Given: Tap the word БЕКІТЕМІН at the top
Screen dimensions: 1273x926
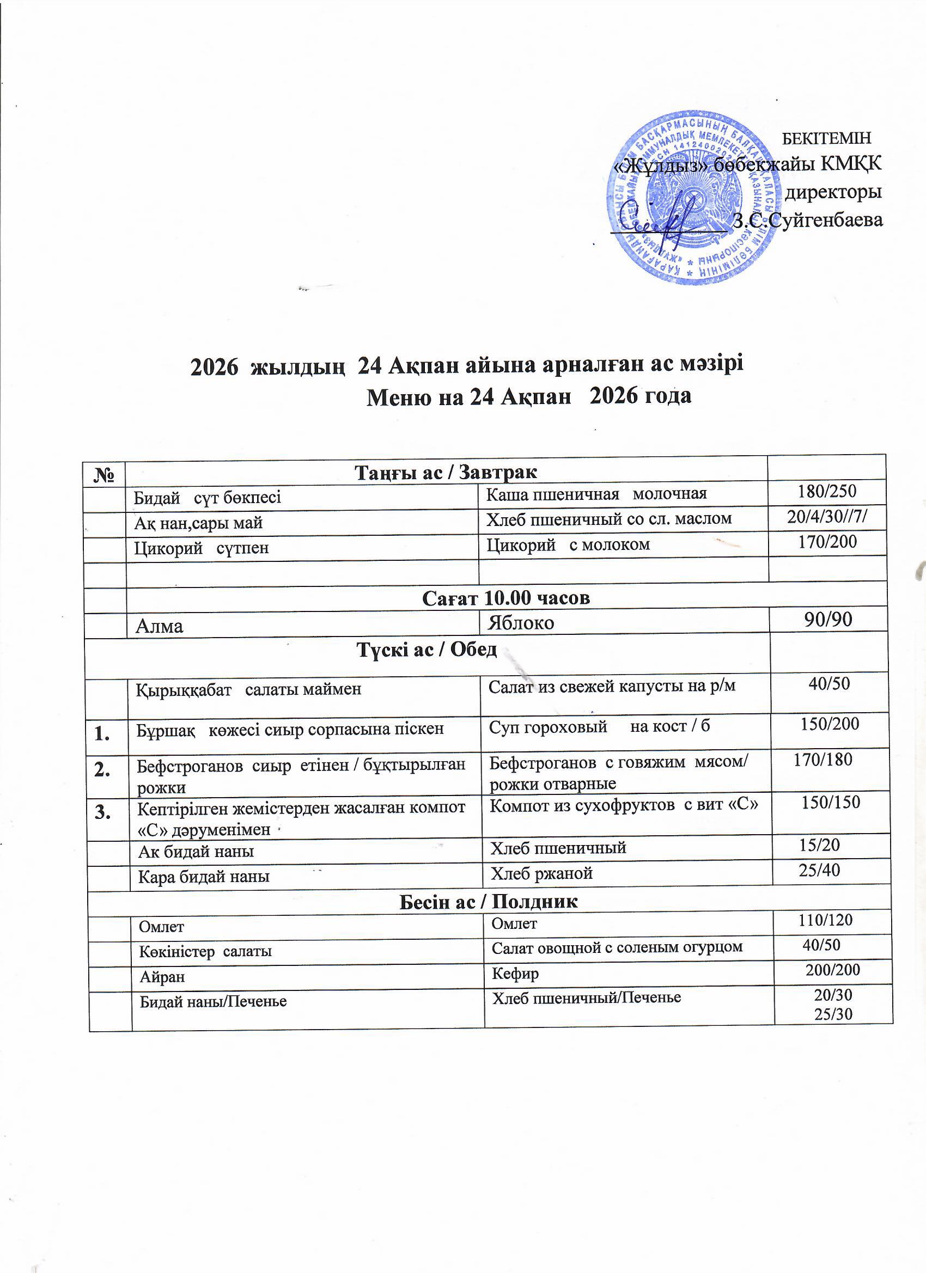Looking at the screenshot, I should [x=827, y=138].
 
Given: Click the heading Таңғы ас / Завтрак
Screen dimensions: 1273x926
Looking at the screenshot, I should [x=446, y=472].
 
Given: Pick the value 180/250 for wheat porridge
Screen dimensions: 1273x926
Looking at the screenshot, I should [x=827, y=492].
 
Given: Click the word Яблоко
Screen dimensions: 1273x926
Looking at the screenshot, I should [x=521, y=623].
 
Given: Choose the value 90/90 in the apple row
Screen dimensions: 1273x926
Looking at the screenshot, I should [x=828, y=620].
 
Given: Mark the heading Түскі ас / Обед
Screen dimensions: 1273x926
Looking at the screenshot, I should [x=427, y=650].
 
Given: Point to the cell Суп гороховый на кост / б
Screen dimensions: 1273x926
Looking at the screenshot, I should [x=599, y=727].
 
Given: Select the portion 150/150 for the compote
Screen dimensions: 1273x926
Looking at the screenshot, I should [x=831, y=803].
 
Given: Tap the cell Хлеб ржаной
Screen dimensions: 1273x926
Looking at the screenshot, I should [x=542, y=873].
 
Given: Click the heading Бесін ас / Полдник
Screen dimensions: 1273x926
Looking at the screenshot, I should [x=488, y=902].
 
